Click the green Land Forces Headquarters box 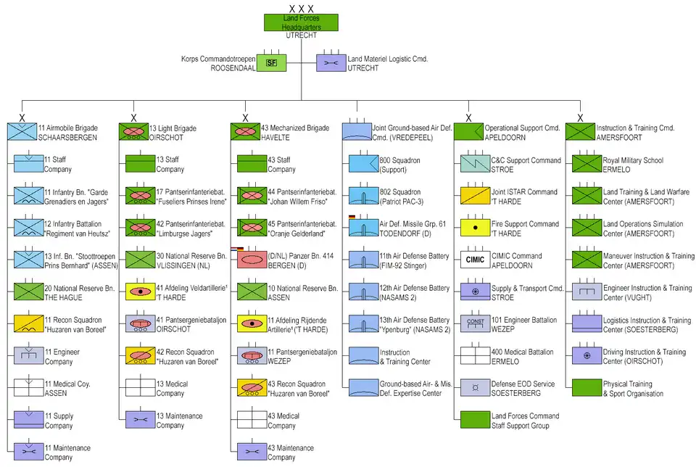[x=301, y=22]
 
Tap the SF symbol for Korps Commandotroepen [x=271, y=63]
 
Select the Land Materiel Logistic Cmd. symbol [x=331, y=63]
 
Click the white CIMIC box [x=475, y=260]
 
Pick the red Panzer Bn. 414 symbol [x=252, y=260]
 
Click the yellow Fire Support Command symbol [x=475, y=228]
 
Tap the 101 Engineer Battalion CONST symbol [x=475, y=323]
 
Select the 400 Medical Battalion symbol [x=475, y=355]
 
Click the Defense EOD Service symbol [x=475, y=387]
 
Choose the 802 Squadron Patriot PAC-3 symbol [x=363, y=196]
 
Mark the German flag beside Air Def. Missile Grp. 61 [x=352, y=217]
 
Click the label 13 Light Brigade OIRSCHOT [x=173, y=133]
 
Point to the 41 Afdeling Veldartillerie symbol [x=140, y=292]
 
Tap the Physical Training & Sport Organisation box [x=587, y=387]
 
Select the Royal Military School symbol [x=587, y=164]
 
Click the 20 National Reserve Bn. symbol [x=28, y=292]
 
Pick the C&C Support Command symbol [x=475, y=164]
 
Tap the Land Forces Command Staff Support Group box [x=475, y=419]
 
